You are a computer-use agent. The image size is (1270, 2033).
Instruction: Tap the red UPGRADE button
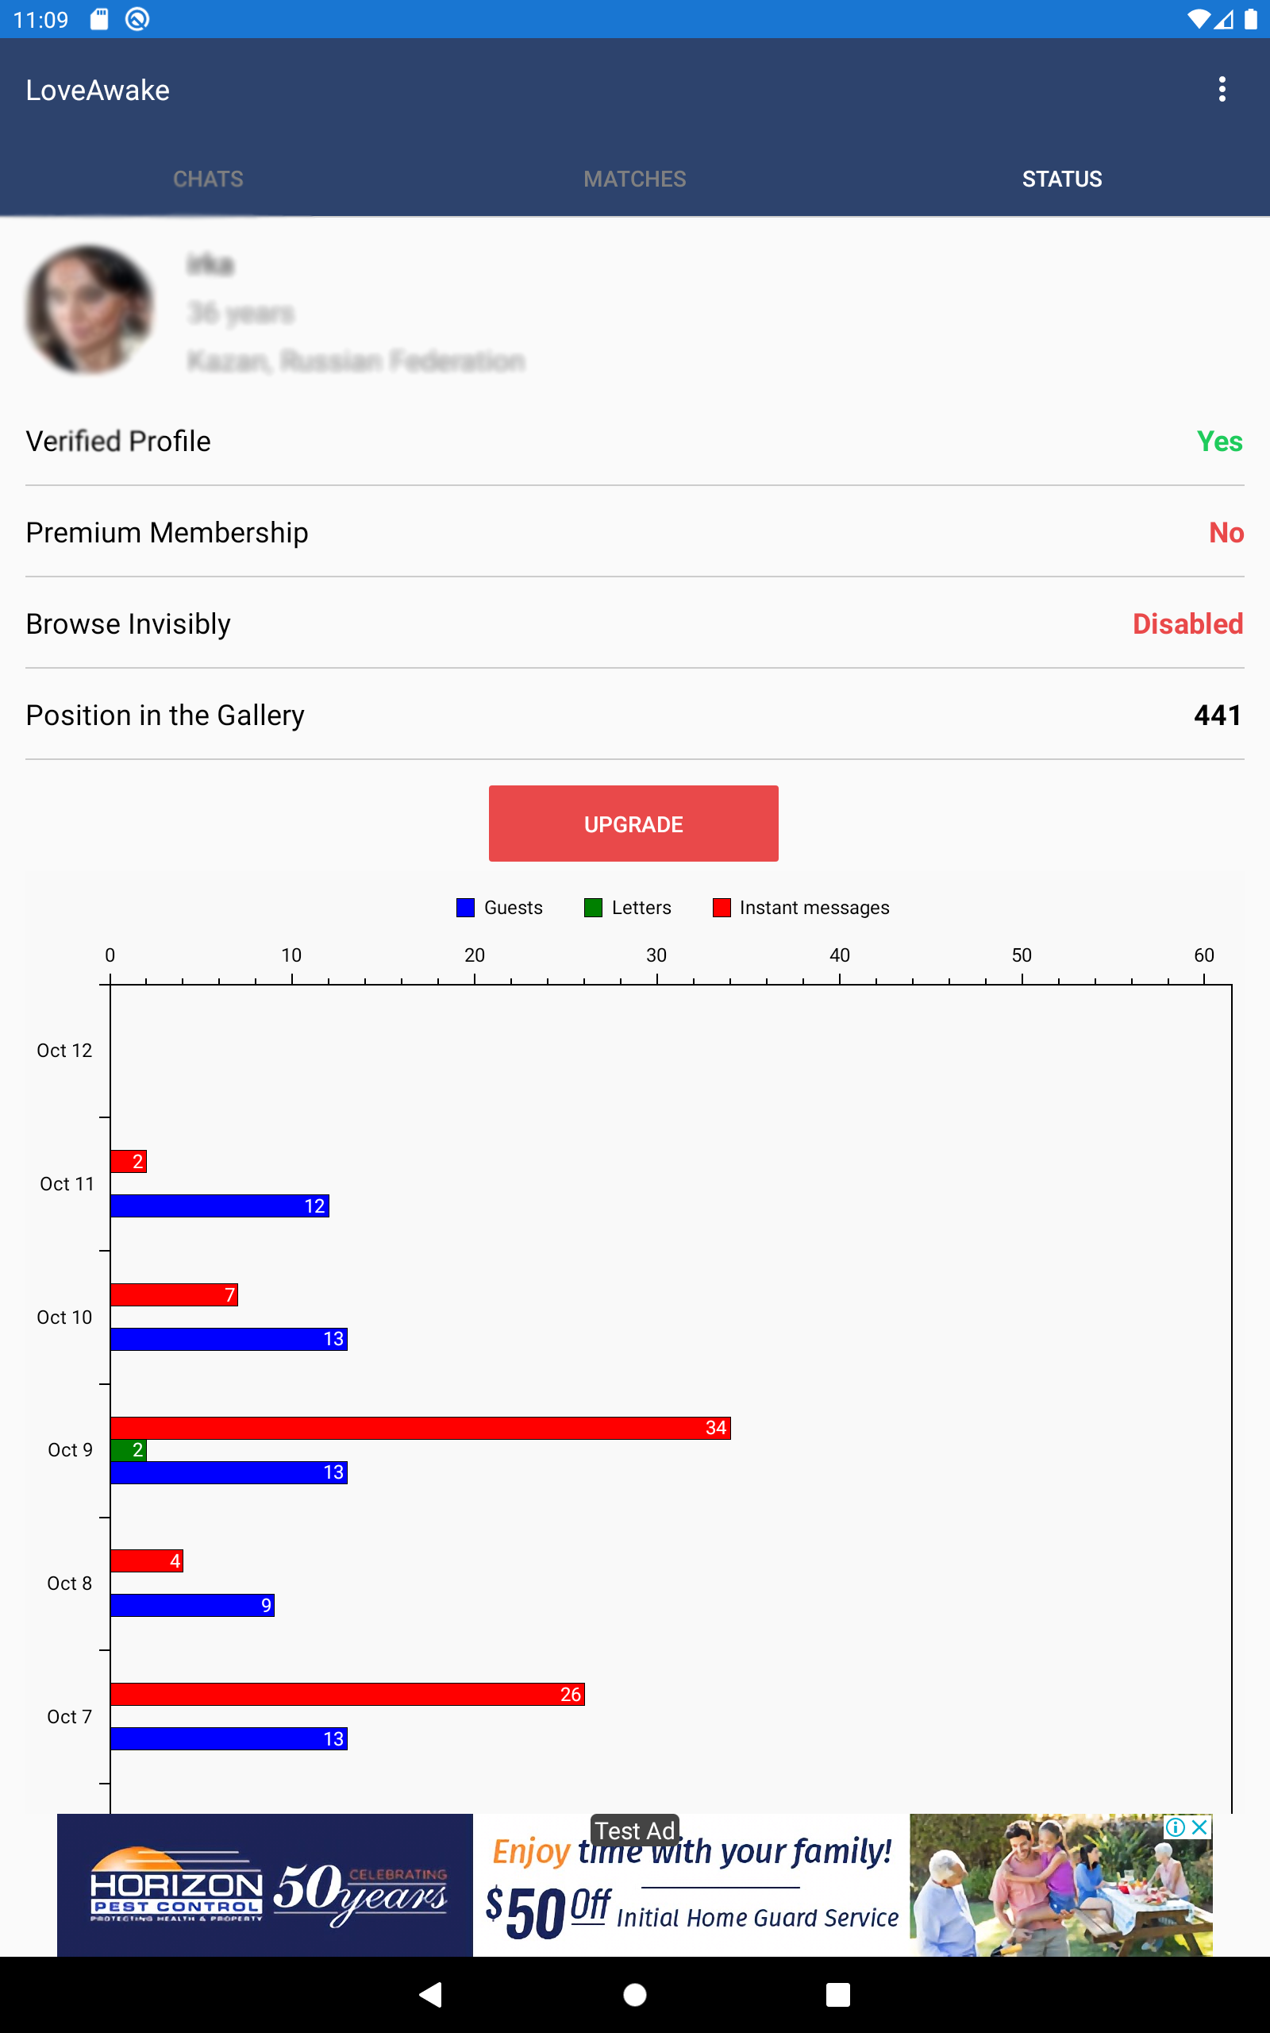click(x=633, y=824)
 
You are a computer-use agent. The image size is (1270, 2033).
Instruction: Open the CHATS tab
click(x=208, y=179)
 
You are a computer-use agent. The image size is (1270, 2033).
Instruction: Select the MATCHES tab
click(x=635, y=179)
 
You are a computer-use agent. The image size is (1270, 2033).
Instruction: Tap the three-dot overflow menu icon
click(x=1222, y=89)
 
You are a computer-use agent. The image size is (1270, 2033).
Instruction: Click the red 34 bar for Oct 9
click(x=420, y=1428)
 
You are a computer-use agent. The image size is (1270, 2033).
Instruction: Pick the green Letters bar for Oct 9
click(x=129, y=1450)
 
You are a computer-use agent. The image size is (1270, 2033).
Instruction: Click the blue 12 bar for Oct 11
click(x=219, y=1206)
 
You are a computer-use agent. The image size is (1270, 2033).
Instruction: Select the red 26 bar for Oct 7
click(x=347, y=1695)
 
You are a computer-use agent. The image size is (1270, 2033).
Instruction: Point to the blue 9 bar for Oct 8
click(x=191, y=1606)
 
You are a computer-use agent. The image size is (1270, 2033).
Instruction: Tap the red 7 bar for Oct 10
click(x=174, y=1295)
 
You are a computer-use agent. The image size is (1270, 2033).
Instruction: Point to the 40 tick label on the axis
click(x=839, y=955)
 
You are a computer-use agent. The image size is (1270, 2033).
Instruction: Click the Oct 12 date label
click(x=64, y=1051)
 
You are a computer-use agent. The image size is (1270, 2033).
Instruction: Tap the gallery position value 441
click(x=1217, y=715)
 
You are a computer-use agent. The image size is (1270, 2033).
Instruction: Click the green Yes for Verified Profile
click(x=1218, y=442)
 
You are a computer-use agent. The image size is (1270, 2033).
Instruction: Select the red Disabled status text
click(x=1187, y=624)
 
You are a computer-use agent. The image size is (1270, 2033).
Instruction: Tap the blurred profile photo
click(x=90, y=309)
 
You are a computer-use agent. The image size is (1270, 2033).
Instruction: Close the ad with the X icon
click(x=1200, y=1827)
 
